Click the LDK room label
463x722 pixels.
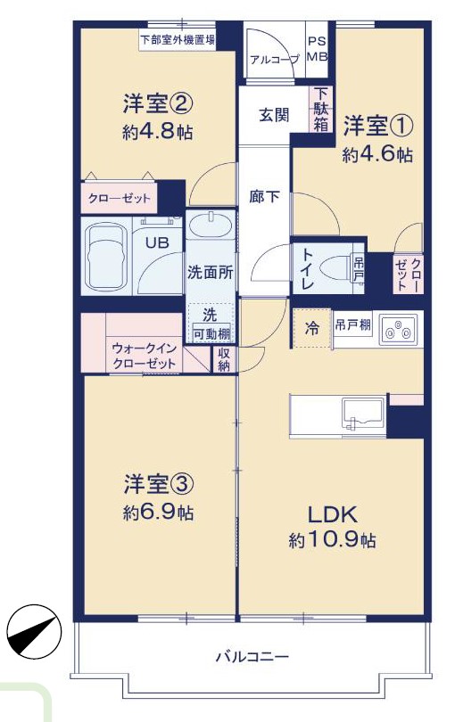(x=332, y=514)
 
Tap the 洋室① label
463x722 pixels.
(x=377, y=127)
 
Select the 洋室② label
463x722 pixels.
(x=157, y=103)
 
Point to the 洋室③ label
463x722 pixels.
(x=158, y=484)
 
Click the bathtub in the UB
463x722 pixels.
(x=107, y=256)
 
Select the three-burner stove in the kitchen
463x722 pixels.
(x=399, y=329)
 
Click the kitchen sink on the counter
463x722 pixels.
(x=363, y=414)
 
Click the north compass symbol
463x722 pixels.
(x=35, y=631)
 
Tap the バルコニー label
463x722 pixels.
(x=252, y=656)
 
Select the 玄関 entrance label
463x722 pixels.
(x=274, y=115)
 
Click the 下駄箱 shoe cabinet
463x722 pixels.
(x=320, y=110)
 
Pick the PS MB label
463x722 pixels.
(x=317, y=49)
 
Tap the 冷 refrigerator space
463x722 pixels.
(x=312, y=328)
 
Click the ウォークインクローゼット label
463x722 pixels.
(x=145, y=356)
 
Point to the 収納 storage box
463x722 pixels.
(x=224, y=359)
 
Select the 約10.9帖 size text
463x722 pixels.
(x=332, y=539)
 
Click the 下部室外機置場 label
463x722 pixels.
(x=178, y=40)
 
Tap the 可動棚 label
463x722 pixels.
(x=211, y=334)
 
